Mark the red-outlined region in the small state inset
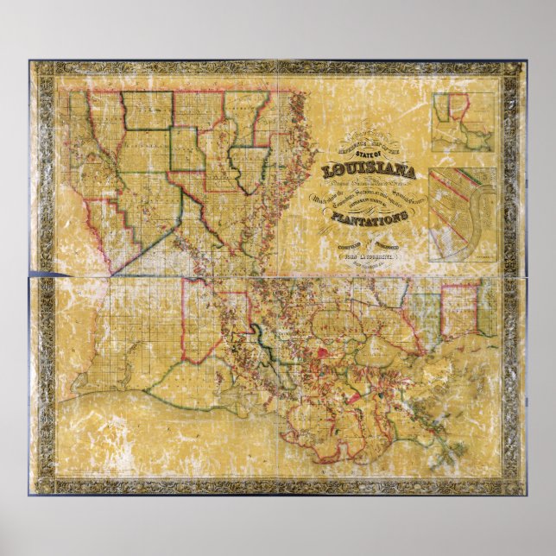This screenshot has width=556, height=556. [458, 108]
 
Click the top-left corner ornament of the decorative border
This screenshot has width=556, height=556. [41, 73]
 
